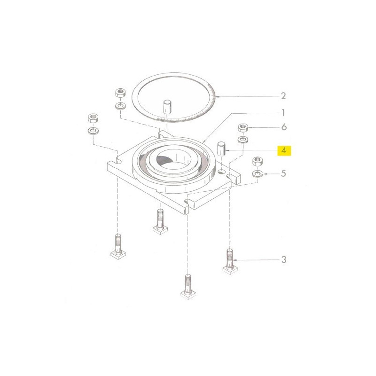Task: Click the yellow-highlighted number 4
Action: [284, 151]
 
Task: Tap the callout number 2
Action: [283, 96]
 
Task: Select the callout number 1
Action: [283, 112]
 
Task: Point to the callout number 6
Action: [284, 127]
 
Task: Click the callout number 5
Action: [283, 173]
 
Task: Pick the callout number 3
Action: [284, 259]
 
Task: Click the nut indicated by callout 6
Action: [243, 127]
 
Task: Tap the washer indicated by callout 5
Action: [258, 173]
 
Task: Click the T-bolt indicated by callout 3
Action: [230, 261]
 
